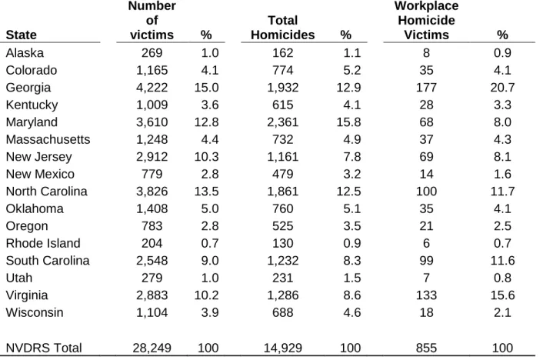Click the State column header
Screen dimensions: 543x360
(21, 35)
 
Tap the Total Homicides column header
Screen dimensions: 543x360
(282, 28)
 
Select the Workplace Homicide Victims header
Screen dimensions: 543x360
(426, 21)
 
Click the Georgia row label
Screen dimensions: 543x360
(28, 88)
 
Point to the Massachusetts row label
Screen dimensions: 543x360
(48, 139)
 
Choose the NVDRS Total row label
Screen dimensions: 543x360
(44, 348)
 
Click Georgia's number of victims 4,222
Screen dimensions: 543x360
(152, 88)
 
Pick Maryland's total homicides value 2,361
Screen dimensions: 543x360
(282, 122)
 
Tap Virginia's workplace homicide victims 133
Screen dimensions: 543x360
(426, 295)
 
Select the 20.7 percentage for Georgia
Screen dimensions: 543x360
(502, 88)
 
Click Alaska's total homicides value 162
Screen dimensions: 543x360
(282, 53)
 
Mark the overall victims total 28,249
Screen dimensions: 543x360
(152, 348)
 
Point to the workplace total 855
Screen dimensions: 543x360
(426, 348)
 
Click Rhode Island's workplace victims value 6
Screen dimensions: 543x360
(426, 243)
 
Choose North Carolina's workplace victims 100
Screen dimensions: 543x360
(426, 192)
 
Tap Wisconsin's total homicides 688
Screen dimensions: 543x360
(282, 312)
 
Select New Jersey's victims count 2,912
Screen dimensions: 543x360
(152, 157)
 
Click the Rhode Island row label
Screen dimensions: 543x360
(43, 243)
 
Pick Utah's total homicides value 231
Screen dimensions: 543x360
(282, 278)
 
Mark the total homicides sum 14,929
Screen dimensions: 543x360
(282, 348)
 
